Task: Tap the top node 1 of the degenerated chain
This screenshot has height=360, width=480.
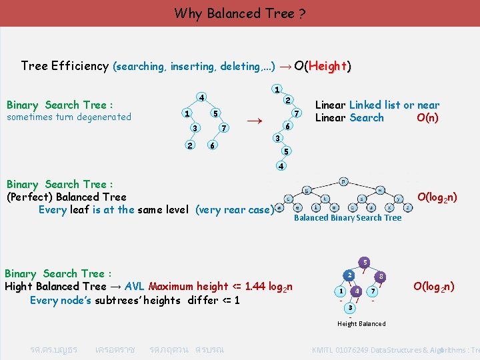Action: (x=277, y=89)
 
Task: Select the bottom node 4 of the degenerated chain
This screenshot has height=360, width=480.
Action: (x=282, y=165)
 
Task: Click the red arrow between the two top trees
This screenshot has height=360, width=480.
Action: (x=253, y=121)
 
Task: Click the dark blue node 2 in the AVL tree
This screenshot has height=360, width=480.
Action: (x=349, y=275)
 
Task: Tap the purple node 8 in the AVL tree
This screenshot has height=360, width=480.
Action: (x=380, y=275)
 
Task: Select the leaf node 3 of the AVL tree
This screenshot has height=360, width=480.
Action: (x=350, y=307)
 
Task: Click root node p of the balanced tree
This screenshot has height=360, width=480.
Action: (x=343, y=181)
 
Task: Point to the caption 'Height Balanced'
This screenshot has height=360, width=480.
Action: (x=361, y=324)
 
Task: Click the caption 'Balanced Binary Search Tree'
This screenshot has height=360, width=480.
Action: (x=347, y=218)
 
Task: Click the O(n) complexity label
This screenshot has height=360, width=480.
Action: (x=427, y=118)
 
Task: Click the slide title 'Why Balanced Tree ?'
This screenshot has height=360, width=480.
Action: (x=240, y=13)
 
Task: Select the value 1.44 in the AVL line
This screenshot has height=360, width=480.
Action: (x=257, y=287)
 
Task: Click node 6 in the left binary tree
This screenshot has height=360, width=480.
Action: (x=211, y=145)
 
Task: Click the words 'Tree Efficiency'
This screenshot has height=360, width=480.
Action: (x=65, y=66)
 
